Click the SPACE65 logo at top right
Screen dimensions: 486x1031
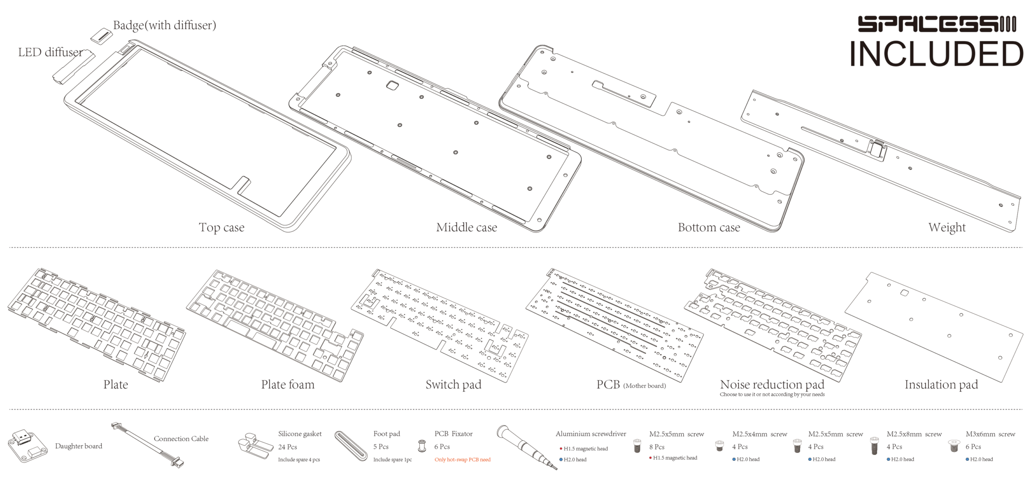[936, 24]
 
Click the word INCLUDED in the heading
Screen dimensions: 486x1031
[936, 54]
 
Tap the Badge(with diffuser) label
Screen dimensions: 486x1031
[165, 25]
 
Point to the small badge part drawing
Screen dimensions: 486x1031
[102, 36]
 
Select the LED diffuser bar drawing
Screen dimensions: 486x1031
[73, 67]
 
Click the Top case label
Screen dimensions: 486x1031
[222, 227]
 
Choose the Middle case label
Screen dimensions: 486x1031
[466, 227]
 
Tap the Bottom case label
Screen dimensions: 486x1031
[709, 227]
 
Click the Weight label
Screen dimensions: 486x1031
[947, 227]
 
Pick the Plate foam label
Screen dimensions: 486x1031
[287, 385]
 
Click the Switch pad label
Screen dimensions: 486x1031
[453, 385]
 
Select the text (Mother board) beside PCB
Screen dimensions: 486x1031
[644, 386]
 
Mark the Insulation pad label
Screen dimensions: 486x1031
[941, 385]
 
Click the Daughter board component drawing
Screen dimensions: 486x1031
[27, 445]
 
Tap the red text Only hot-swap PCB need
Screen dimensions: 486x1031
[462, 460]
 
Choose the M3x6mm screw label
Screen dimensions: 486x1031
[990, 434]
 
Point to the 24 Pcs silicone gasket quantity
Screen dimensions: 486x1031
[287, 447]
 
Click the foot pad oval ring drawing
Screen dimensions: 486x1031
[351, 446]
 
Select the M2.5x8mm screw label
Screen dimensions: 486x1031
[914, 434]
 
